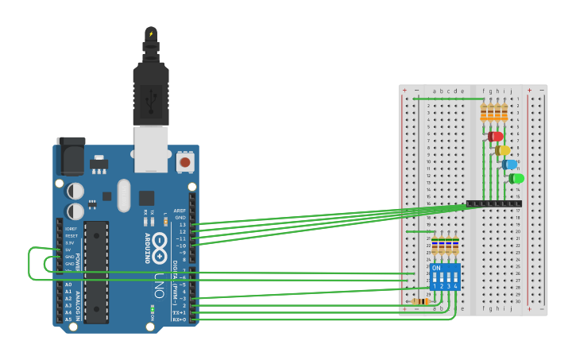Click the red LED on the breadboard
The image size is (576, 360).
click(496, 137)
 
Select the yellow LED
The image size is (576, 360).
click(502, 150)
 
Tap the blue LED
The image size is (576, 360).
click(509, 165)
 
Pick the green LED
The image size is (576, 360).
click(516, 178)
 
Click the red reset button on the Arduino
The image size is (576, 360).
click(185, 162)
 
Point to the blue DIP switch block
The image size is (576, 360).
click(445, 277)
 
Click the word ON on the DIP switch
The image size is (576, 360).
click(436, 269)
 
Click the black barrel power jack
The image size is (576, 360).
click(71, 156)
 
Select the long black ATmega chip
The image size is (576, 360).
click(96, 272)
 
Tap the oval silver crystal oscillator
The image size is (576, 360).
click(123, 195)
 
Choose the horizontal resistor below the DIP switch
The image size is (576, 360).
click(421, 301)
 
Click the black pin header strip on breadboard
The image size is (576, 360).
click(493, 203)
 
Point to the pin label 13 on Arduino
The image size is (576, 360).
click(182, 224)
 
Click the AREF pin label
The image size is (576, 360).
click(180, 211)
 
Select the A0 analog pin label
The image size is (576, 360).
click(68, 285)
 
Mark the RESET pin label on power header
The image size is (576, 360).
click(71, 236)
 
